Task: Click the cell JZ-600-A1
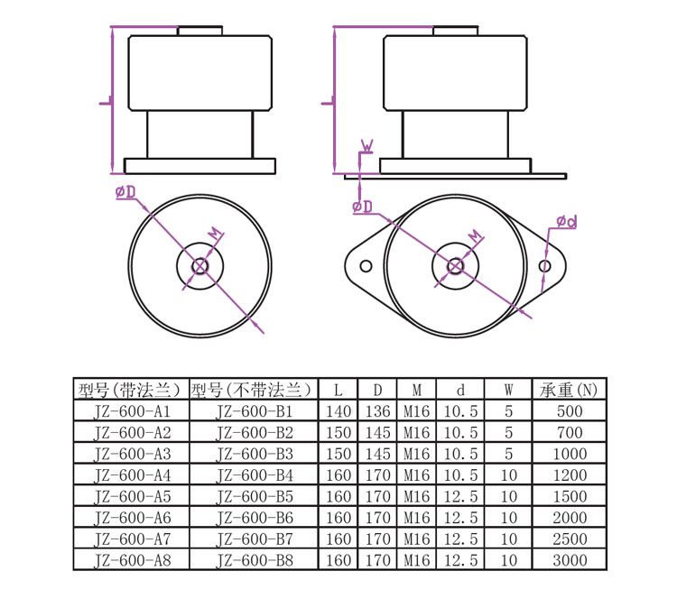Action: [x=132, y=411]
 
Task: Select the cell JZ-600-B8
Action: [x=255, y=560]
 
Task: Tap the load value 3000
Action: [x=570, y=560]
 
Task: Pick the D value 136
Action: [x=378, y=411]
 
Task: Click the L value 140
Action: [x=338, y=411]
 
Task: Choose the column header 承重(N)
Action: [x=569, y=390]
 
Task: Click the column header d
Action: [x=460, y=390]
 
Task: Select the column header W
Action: [x=508, y=390]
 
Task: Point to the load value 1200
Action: [x=570, y=475]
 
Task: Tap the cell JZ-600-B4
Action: [x=255, y=475]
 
